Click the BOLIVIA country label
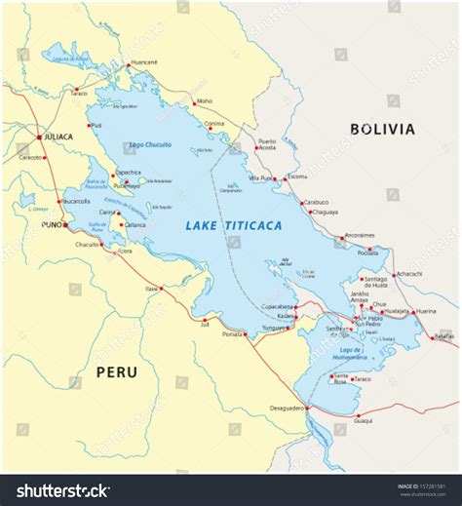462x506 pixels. pyautogui.click(x=382, y=129)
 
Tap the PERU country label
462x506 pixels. pyautogui.click(x=116, y=371)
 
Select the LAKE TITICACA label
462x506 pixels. pyautogui.click(x=234, y=225)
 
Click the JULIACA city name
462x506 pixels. pyautogui.click(x=58, y=136)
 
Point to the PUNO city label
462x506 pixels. pyautogui.click(x=51, y=223)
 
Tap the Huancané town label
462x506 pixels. pyautogui.click(x=143, y=62)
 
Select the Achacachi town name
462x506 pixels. pyautogui.click(x=408, y=274)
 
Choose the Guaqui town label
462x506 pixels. pyautogui.click(x=363, y=421)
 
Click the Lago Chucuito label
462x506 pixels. pyautogui.click(x=150, y=144)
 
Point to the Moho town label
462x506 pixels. pyautogui.click(x=204, y=100)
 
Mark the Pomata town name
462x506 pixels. pyautogui.click(x=232, y=333)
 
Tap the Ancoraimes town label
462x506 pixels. pyautogui.click(x=360, y=235)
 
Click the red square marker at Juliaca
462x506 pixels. pyautogui.click(x=39, y=136)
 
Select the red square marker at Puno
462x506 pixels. pyautogui.click(x=65, y=223)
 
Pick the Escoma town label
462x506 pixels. pyautogui.click(x=297, y=176)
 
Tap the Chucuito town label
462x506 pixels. pyautogui.click(x=88, y=244)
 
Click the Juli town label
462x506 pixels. pyautogui.click(x=204, y=325)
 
